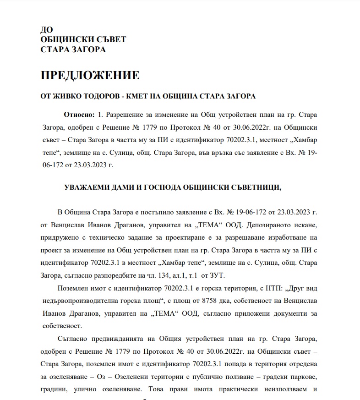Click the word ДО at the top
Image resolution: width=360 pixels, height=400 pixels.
point(47,30)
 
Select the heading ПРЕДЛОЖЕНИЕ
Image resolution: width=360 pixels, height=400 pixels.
point(90,75)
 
